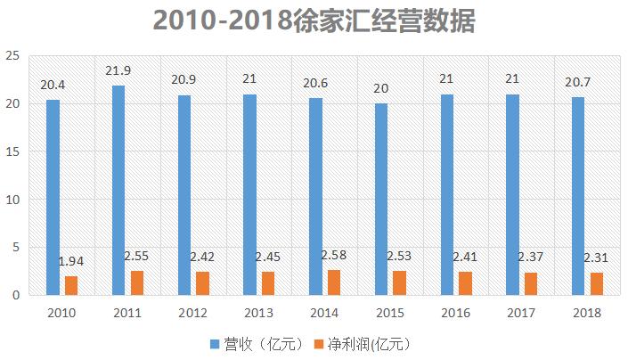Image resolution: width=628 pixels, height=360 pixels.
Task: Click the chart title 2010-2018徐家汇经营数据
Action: pos(314,21)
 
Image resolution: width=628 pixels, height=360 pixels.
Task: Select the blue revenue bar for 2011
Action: pos(118,190)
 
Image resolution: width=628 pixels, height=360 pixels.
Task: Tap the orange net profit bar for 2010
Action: pos(71,285)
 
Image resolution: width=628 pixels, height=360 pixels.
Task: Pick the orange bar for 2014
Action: pos(333,282)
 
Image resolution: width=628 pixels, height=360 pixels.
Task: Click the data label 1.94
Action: pos(71,261)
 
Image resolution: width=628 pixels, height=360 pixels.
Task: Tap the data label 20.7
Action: pos(577,82)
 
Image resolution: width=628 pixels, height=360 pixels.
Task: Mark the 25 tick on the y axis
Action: pos(12,55)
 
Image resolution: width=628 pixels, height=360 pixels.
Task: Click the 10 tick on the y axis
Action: pos(12,199)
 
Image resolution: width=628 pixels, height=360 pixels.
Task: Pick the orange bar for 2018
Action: pos(596,283)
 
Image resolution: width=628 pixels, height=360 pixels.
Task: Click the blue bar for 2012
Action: pos(184,194)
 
